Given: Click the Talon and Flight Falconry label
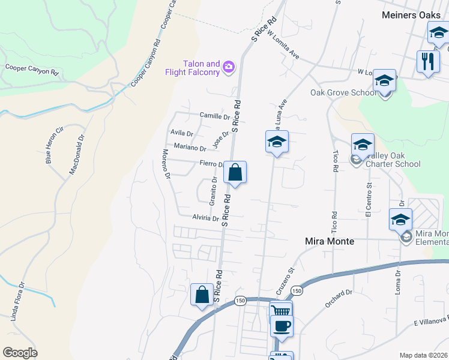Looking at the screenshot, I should (x=193, y=68).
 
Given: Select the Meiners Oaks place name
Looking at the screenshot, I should (x=411, y=15).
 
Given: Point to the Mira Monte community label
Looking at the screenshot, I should (x=330, y=241).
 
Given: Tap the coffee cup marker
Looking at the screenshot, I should (x=282, y=326).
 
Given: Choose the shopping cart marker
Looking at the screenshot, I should (x=281, y=311).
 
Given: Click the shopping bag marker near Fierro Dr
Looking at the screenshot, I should (x=236, y=173).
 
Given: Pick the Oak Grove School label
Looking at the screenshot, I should (x=344, y=93).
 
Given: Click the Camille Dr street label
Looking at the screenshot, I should (x=215, y=116).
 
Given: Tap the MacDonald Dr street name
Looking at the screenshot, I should (x=77, y=154).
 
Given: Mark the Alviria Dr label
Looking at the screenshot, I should (x=205, y=218).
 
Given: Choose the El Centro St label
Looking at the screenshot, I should (x=369, y=201).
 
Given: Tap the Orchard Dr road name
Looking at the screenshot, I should (x=339, y=299).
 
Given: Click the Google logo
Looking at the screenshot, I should (x=20, y=353).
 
